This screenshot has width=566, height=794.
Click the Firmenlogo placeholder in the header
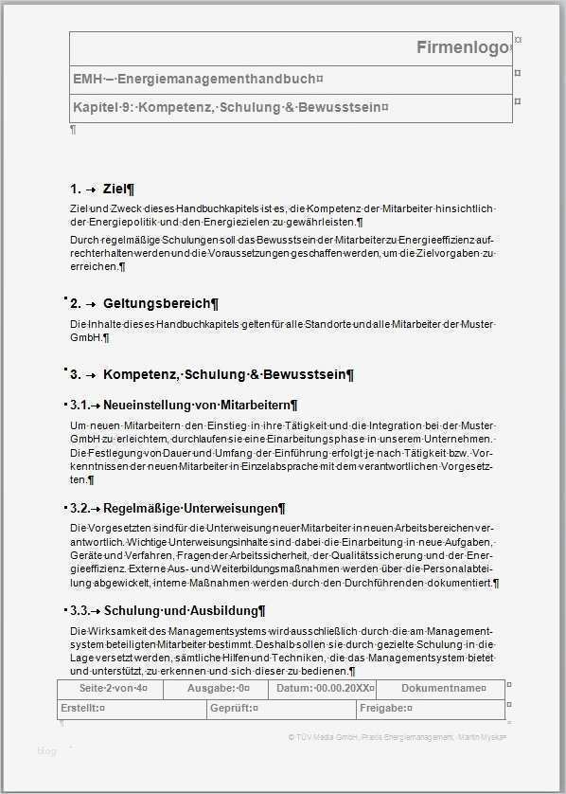[463, 48]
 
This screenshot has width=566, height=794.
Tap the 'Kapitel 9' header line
[230, 107]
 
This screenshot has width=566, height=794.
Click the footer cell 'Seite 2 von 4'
[113, 688]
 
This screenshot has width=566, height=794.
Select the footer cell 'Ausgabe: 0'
[218, 688]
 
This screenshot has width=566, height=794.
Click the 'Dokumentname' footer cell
[444, 688]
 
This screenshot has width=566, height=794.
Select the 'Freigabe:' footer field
[385, 708]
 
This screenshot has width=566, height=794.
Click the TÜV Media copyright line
[398, 736]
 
